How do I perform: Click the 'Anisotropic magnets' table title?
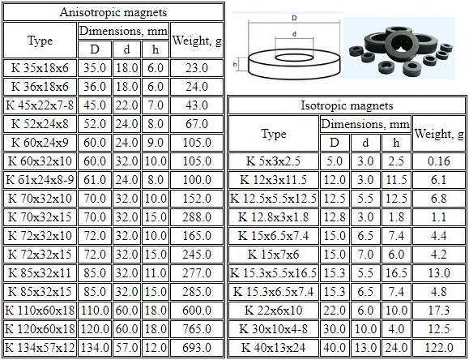[x=113, y=12]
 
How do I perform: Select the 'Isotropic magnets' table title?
[x=347, y=105]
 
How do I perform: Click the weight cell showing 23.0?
[x=197, y=68]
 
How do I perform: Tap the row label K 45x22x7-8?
[x=40, y=105]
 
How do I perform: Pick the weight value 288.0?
[x=197, y=216]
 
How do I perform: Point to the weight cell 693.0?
[x=197, y=347]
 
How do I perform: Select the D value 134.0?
[x=95, y=347]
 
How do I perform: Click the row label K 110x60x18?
[x=40, y=311]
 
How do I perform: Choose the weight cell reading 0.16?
[x=439, y=161]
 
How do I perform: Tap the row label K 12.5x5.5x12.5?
[x=274, y=199]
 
